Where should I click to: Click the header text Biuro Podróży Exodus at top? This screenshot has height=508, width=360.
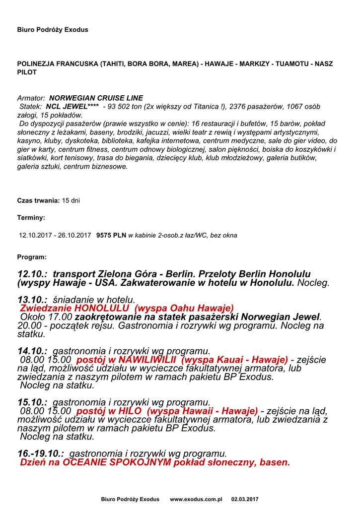pos(53,30)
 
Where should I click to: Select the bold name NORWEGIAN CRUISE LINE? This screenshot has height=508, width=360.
pos(96,98)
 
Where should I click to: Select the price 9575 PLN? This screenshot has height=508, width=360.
pos(111,235)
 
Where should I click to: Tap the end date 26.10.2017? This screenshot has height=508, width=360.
pos(74,235)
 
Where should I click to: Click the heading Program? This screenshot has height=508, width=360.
pos(32,257)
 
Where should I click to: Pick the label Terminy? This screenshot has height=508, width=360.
pos(31,217)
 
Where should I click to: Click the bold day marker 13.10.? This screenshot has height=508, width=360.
pos(32,300)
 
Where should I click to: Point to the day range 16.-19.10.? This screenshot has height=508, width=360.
pos(41,453)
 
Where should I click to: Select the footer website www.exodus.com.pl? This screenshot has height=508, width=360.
pos(196,499)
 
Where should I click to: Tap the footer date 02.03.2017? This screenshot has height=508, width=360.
pos(245,499)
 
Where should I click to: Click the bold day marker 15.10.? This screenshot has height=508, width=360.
pos(32,402)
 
